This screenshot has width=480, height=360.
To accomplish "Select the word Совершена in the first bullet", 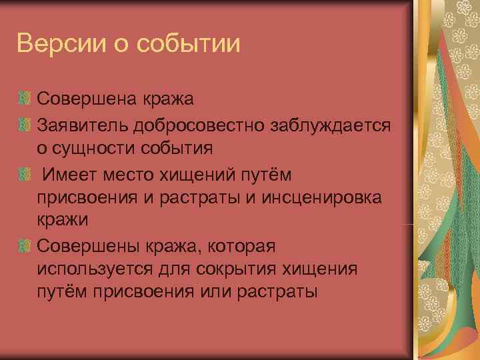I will point(87,100).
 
